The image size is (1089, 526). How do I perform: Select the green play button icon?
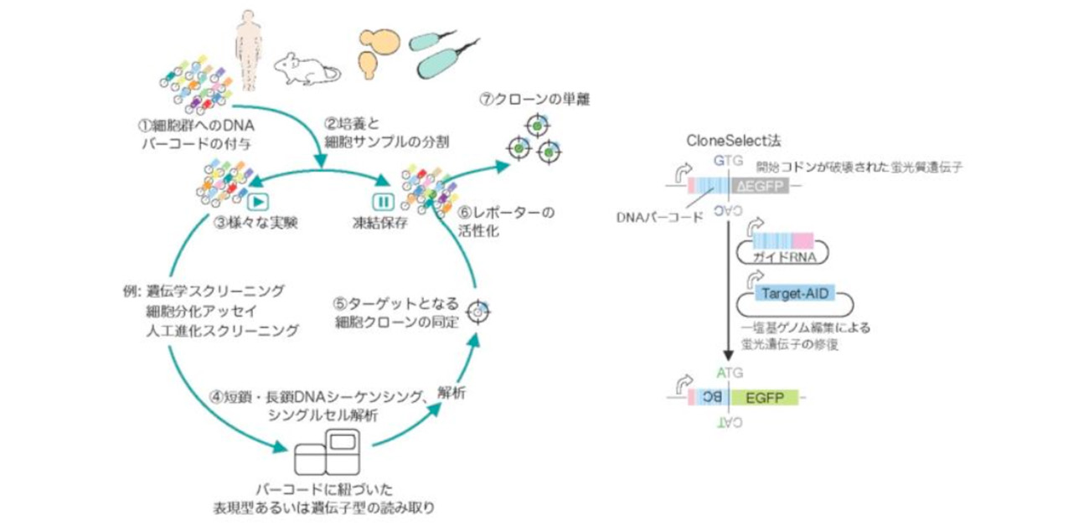coord(257,201)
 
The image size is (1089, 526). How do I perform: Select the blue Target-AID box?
coord(787,293)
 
